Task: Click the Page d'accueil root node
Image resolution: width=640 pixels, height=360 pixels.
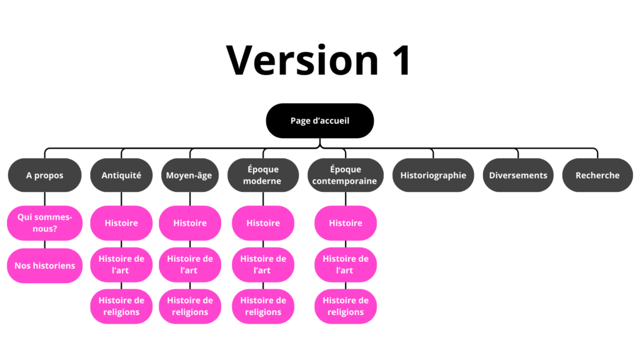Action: pos(319,121)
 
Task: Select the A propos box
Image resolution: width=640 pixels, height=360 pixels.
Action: pos(44,175)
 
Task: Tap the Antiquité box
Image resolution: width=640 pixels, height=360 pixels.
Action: pos(121,175)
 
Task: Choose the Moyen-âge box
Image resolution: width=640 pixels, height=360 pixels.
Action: pos(189,175)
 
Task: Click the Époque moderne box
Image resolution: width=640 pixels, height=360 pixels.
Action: pos(262,175)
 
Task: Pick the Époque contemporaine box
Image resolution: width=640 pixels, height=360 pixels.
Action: pos(345,175)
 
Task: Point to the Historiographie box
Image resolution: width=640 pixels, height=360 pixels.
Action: pos(433,175)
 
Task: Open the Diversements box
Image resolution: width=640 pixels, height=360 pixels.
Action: pos(518,175)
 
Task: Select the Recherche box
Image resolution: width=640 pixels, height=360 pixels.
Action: pos(597,175)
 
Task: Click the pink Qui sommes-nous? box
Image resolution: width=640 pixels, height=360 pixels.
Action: pos(44,223)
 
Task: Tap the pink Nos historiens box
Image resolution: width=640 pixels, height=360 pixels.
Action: pos(44,266)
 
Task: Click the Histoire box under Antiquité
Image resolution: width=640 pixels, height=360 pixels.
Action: pos(121,223)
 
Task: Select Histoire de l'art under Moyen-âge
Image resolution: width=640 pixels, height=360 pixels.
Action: pos(189,264)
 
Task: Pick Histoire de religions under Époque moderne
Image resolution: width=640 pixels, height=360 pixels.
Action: pos(263,306)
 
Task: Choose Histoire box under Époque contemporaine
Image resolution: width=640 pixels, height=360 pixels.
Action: pos(346,223)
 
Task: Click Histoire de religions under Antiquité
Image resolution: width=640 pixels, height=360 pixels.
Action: pos(121,306)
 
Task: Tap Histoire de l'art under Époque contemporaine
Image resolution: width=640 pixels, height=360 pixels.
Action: pos(346,264)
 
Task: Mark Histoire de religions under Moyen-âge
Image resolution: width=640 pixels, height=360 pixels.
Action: pos(189,306)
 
